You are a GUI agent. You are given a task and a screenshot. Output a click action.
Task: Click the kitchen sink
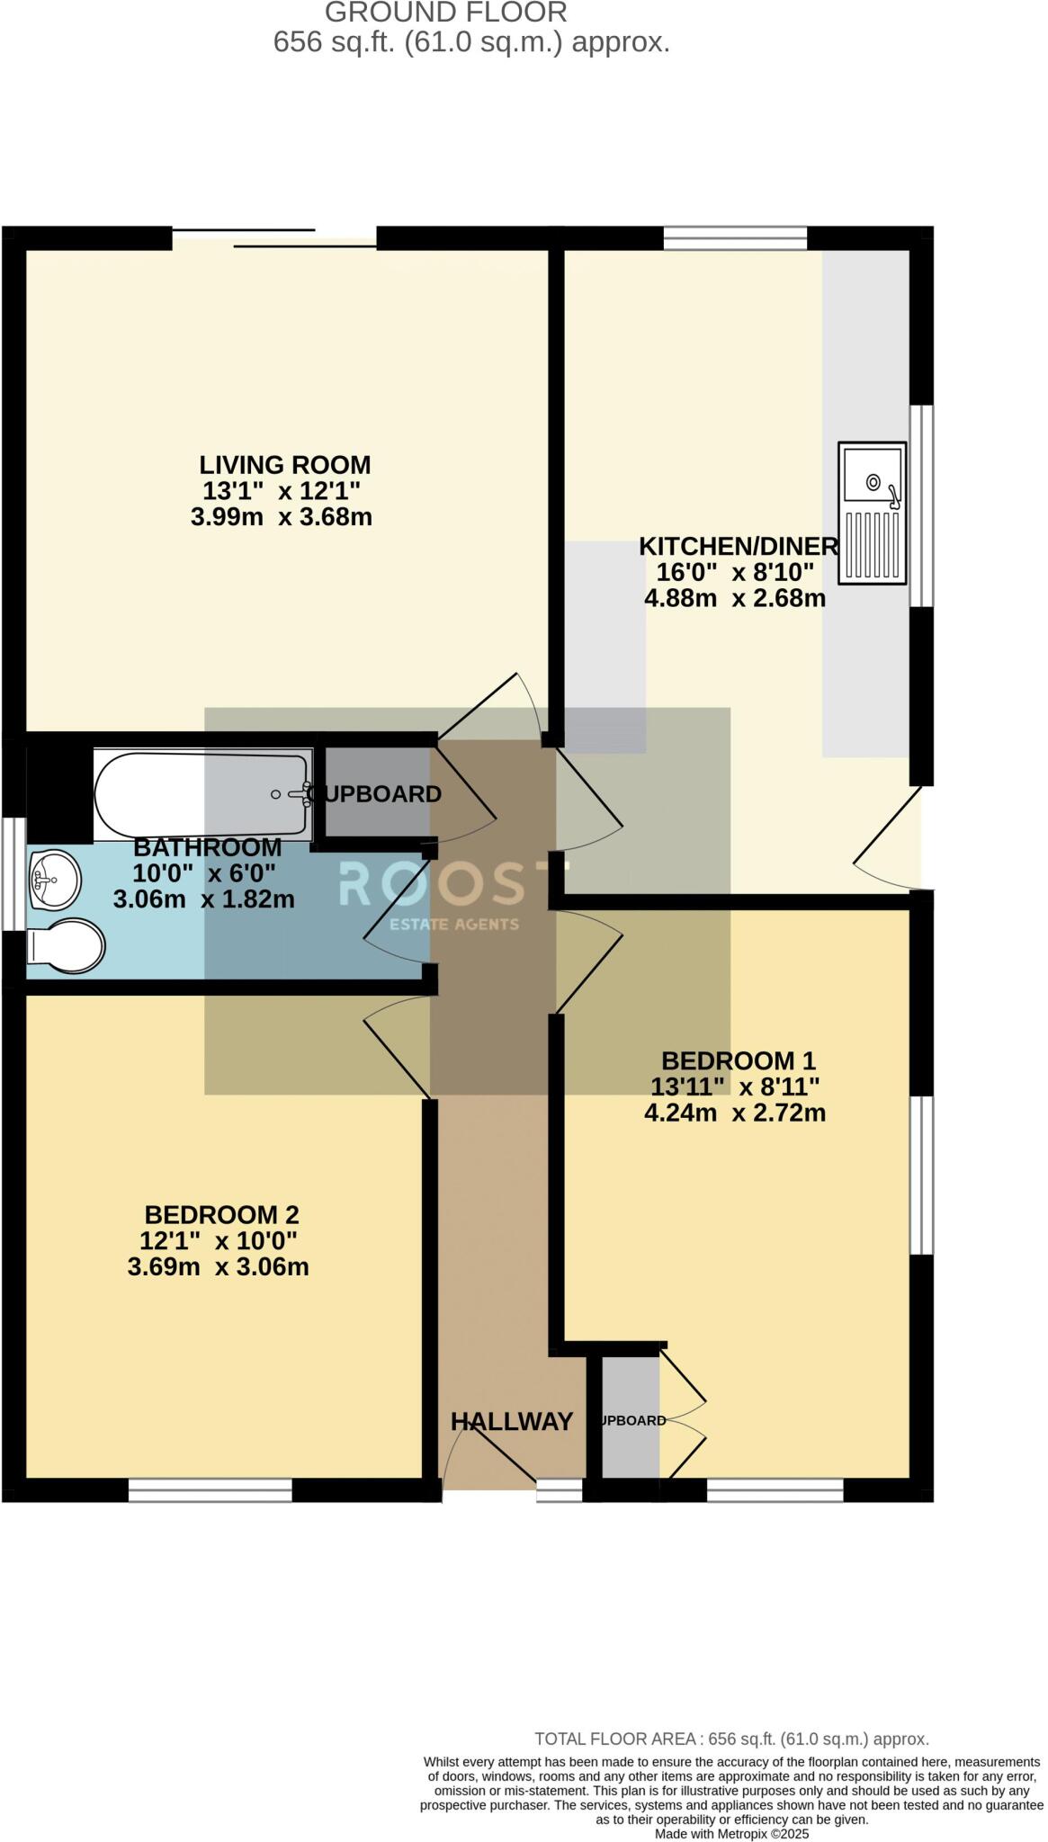871,512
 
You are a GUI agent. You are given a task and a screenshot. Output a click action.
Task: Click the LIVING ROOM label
284,465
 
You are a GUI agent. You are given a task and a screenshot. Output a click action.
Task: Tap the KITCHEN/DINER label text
738,546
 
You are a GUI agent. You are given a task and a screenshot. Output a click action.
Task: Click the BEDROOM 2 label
221,1214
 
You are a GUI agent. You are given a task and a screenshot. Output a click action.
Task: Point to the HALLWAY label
511,1421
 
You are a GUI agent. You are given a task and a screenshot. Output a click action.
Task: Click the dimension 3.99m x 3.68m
281,517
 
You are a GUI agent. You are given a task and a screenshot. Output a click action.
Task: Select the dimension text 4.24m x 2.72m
734,1113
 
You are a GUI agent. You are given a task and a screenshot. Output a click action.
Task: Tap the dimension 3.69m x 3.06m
218,1267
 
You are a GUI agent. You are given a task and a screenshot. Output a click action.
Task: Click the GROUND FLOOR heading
446,13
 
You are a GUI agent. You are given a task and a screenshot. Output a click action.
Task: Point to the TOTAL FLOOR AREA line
730,1739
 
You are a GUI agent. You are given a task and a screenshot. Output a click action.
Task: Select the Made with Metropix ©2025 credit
731,1833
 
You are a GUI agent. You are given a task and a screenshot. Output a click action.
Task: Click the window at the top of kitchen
735,238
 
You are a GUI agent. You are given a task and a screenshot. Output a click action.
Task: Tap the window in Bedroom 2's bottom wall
210,1490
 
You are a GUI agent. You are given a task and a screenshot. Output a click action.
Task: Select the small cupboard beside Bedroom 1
631,1420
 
